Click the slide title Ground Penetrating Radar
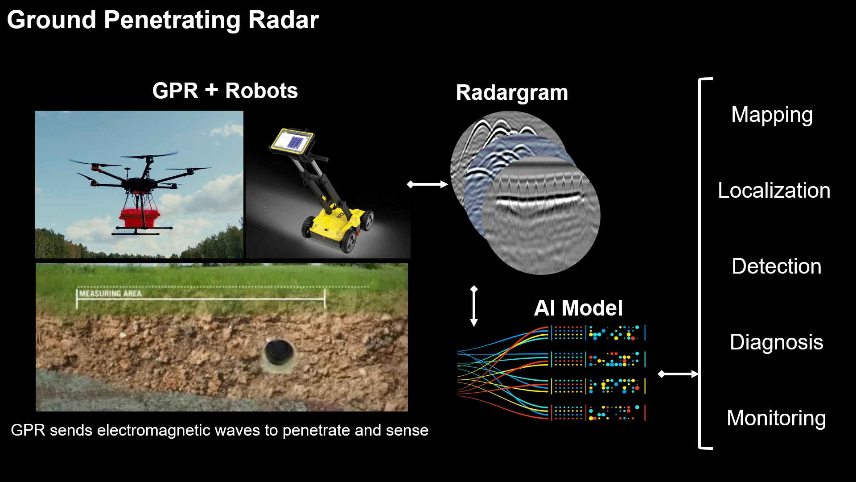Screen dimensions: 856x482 (163, 20)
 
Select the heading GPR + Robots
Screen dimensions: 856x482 (225, 91)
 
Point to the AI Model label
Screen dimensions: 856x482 (578, 308)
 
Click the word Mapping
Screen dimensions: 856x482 (772, 115)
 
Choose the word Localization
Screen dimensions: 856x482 (774, 191)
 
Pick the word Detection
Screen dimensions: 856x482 (776, 266)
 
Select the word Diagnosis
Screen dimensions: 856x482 (776, 343)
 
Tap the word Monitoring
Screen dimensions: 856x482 (776, 419)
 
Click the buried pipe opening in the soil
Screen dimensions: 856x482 (279, 353)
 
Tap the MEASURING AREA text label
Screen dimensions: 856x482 (111, 294)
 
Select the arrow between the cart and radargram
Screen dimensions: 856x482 (427, 184)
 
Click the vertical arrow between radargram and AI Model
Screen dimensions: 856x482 (474, 306)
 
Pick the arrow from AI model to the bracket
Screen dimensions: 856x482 (678, 374)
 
